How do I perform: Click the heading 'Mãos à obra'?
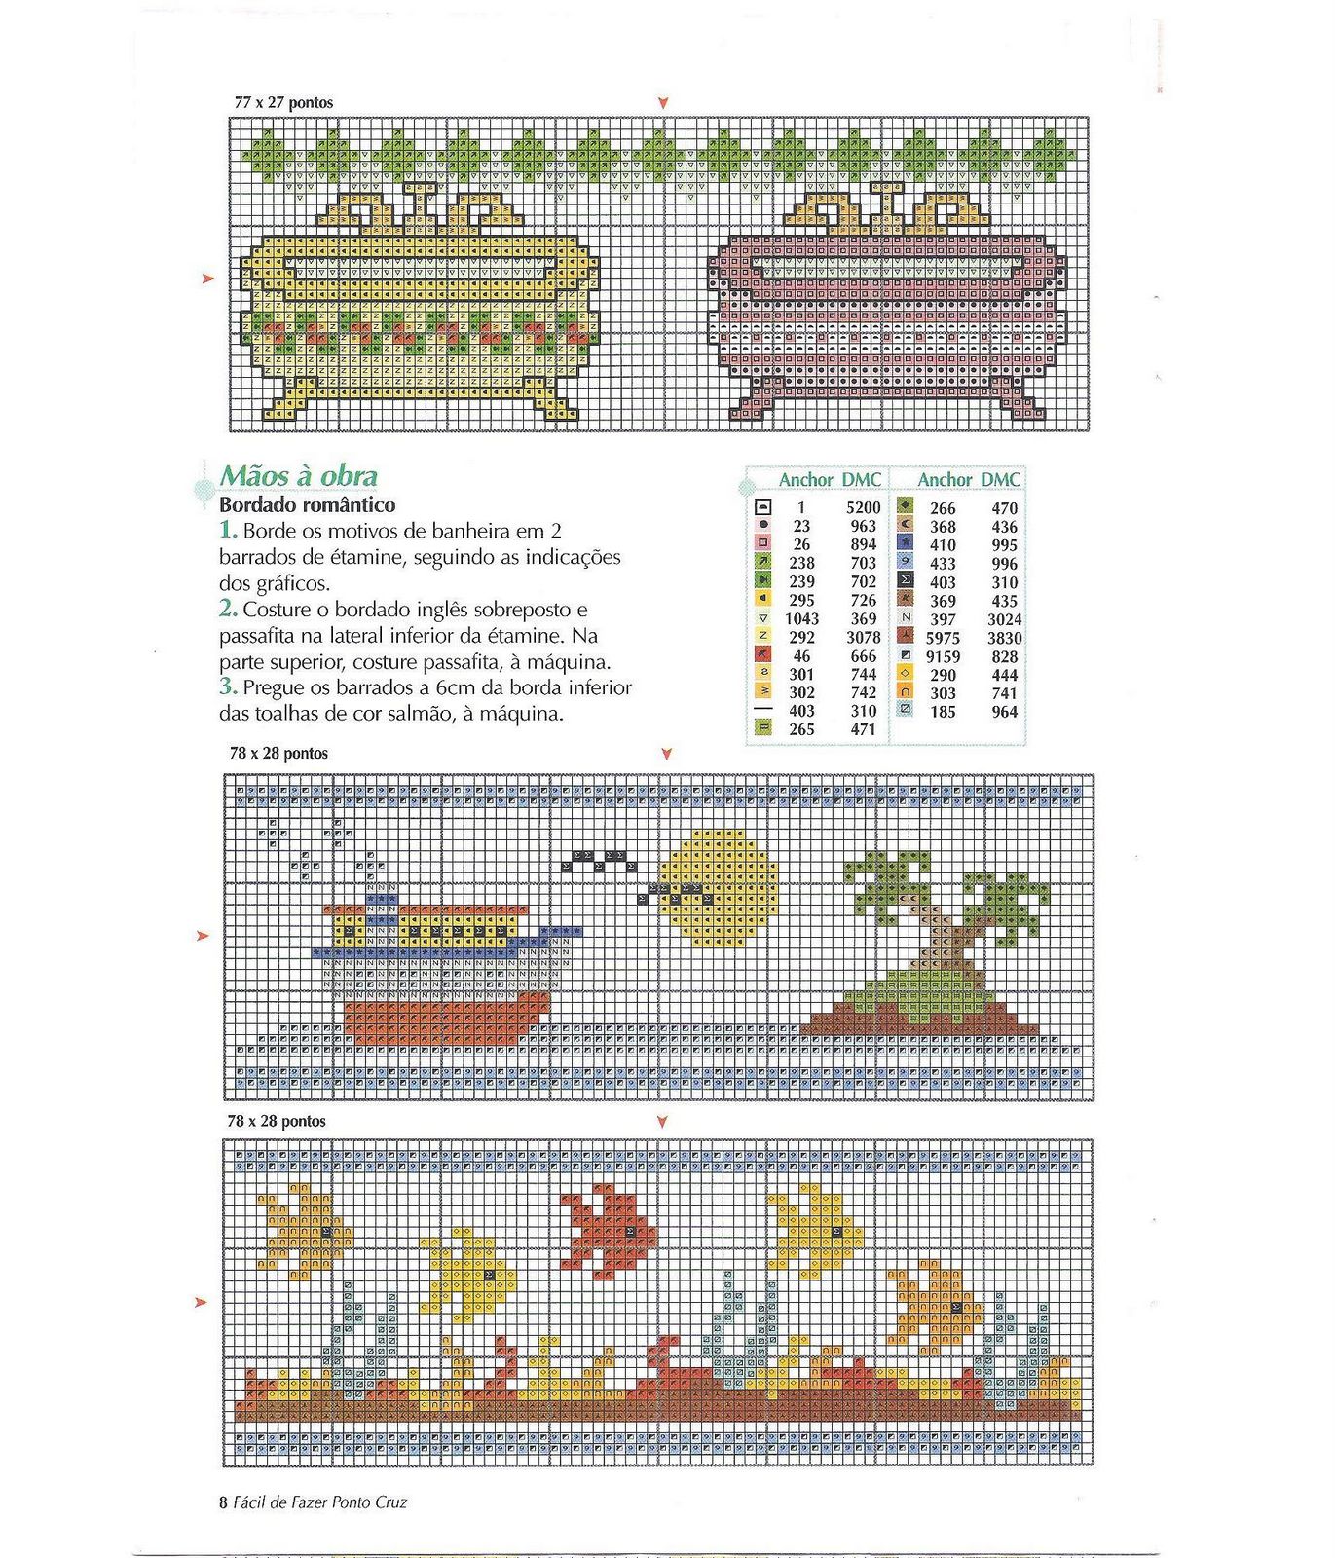298,476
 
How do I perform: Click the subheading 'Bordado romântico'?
307,505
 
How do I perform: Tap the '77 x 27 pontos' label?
283,102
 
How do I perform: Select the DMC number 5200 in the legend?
863,507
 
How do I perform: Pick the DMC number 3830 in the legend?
1004,638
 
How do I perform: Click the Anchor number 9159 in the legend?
943,656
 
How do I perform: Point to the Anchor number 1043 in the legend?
801,619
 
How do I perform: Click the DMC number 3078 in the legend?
863,638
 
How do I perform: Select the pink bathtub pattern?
886,312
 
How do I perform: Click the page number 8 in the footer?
224,1502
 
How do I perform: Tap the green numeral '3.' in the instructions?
228,686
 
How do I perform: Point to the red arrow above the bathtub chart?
663,102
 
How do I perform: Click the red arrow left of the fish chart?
203,1303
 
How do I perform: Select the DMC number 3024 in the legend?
1004,619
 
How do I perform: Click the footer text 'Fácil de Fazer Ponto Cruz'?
320,1502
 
